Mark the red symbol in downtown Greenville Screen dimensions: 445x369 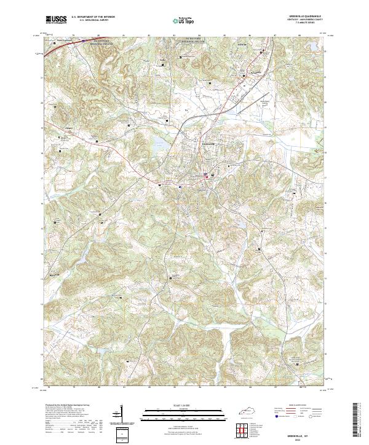coord(206,176)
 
